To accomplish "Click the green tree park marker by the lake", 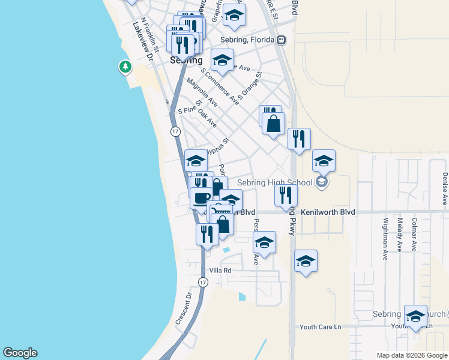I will pos(125,67).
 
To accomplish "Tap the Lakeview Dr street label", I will pos(144,41).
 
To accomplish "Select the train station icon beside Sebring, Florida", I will pos(281,40).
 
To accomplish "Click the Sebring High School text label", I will pos(275,182).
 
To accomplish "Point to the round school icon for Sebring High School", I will pos(322,182).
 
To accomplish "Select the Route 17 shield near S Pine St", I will pos(175,131).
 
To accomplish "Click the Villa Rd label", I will pos(220,271).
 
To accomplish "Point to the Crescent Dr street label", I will pos(182,309).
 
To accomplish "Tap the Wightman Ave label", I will pos(385,239).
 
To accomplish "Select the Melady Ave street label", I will pos(399,235).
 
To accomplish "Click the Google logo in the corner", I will pos(20,353).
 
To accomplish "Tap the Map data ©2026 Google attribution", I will pos(412,355).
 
